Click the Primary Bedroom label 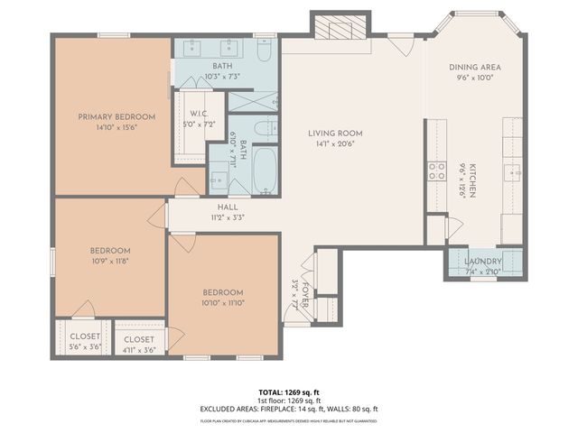point(116,117)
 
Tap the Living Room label point(340,133)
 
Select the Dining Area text point(475,68)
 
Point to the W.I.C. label point(199,113)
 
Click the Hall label point(227,206)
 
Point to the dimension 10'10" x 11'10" point(222,302)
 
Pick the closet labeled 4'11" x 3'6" point(139,340)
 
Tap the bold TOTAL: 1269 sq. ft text point(289,392)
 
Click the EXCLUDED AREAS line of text point(289,409)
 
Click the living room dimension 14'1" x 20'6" point(340,143)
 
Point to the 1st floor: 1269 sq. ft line point(289,401)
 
